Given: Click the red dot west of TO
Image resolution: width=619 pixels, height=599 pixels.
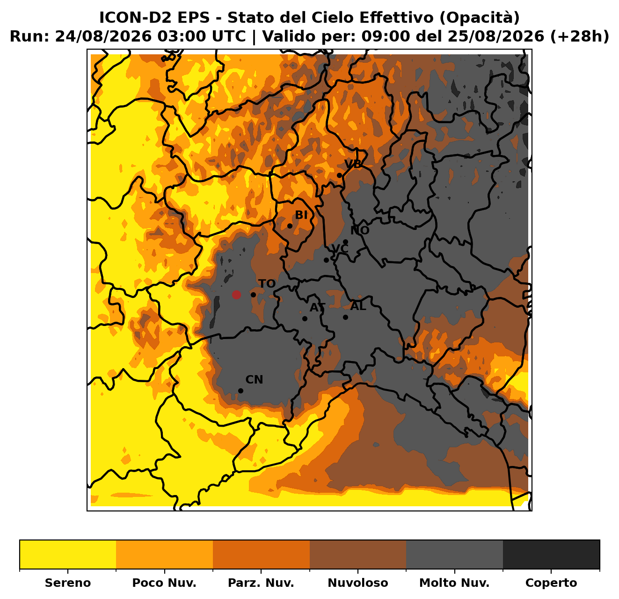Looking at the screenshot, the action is tap(236, 295).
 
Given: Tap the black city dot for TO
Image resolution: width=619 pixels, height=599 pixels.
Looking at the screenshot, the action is tap(253, 295).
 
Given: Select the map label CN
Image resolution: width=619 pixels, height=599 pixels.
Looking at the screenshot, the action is tap(254, 380).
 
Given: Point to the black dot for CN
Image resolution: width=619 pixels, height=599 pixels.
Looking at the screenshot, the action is tap(240, 391).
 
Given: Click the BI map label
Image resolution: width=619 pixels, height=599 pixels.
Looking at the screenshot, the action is tap(301, 215).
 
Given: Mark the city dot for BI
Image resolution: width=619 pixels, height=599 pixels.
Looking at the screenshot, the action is tap(290, 226).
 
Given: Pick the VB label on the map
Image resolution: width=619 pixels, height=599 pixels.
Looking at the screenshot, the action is tap(353, 163).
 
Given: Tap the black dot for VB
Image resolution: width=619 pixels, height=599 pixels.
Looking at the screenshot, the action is tap(339, 176).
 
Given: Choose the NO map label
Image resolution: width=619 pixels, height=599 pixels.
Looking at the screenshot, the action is tap(360, 230).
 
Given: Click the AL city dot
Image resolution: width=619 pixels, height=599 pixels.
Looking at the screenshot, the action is tap(345, 317).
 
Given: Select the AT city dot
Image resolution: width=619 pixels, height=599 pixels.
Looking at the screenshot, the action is tap(305, 318).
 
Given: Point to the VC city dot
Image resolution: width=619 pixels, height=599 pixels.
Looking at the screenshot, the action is tap(326, 260).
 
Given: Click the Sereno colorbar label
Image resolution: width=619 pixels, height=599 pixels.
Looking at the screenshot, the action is tap(68, 583).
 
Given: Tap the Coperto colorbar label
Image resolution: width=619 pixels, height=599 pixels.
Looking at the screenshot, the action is tap(551, 583).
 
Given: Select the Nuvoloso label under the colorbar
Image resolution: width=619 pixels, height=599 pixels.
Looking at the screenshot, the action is tap(358, 583).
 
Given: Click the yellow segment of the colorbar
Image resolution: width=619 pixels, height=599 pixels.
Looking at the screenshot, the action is tap(68, 554).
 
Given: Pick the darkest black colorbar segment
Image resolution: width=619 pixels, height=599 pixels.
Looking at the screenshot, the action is tap(551, 554).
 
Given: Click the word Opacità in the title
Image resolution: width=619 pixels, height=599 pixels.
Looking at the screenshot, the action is tap(480, 18).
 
